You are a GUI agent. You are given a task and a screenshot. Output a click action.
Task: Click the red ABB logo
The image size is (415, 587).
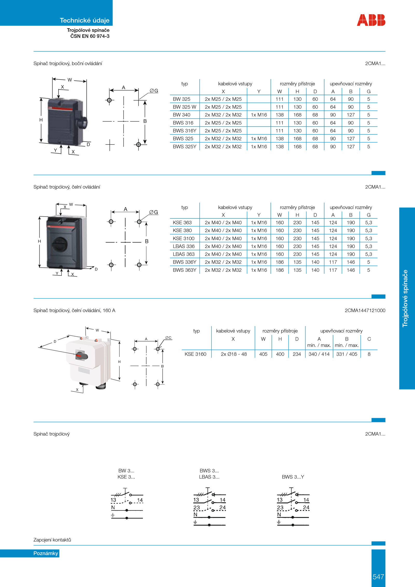[x=371, y=20]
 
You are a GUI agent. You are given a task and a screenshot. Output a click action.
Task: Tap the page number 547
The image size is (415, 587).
[x=378, y=577]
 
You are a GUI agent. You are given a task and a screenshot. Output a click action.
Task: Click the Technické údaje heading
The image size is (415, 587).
[x=85, y=20]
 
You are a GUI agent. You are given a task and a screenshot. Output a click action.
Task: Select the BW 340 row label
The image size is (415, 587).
[x=182, y=115]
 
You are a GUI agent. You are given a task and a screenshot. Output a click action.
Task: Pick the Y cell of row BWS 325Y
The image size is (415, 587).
[x=259, y=147]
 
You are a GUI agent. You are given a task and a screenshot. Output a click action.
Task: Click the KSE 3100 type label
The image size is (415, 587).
[x=184, y=238]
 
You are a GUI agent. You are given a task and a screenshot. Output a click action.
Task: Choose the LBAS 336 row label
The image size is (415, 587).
[x=184, y=246]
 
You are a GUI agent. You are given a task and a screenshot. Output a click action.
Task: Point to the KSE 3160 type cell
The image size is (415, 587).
[x=195, y=354]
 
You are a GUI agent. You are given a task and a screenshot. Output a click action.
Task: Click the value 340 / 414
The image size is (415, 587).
[x=319, y=354]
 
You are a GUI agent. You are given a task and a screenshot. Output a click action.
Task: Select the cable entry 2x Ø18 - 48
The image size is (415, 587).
[x=234, y=354]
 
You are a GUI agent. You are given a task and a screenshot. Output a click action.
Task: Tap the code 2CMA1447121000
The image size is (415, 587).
[x=365, y=310]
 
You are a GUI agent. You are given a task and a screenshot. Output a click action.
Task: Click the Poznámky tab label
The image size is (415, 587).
[x=46, y=553]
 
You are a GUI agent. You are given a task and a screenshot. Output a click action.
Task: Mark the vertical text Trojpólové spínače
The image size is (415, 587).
[x=405, y=298]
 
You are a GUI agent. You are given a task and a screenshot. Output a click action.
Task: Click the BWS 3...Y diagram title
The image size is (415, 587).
[x=293, y=477]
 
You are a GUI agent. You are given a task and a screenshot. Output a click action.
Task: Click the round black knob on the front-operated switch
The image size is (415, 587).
[x=60, y=244]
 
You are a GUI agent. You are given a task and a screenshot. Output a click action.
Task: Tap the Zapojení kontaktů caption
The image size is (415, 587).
[x=52, y=540]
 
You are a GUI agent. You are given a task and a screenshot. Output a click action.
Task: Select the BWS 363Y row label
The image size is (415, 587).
[x=184, y=270]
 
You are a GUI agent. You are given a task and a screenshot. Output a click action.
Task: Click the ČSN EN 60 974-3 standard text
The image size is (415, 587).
[x=90, y=36]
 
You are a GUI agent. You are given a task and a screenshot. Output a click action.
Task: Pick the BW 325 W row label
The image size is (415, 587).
[x=184, y=107]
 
